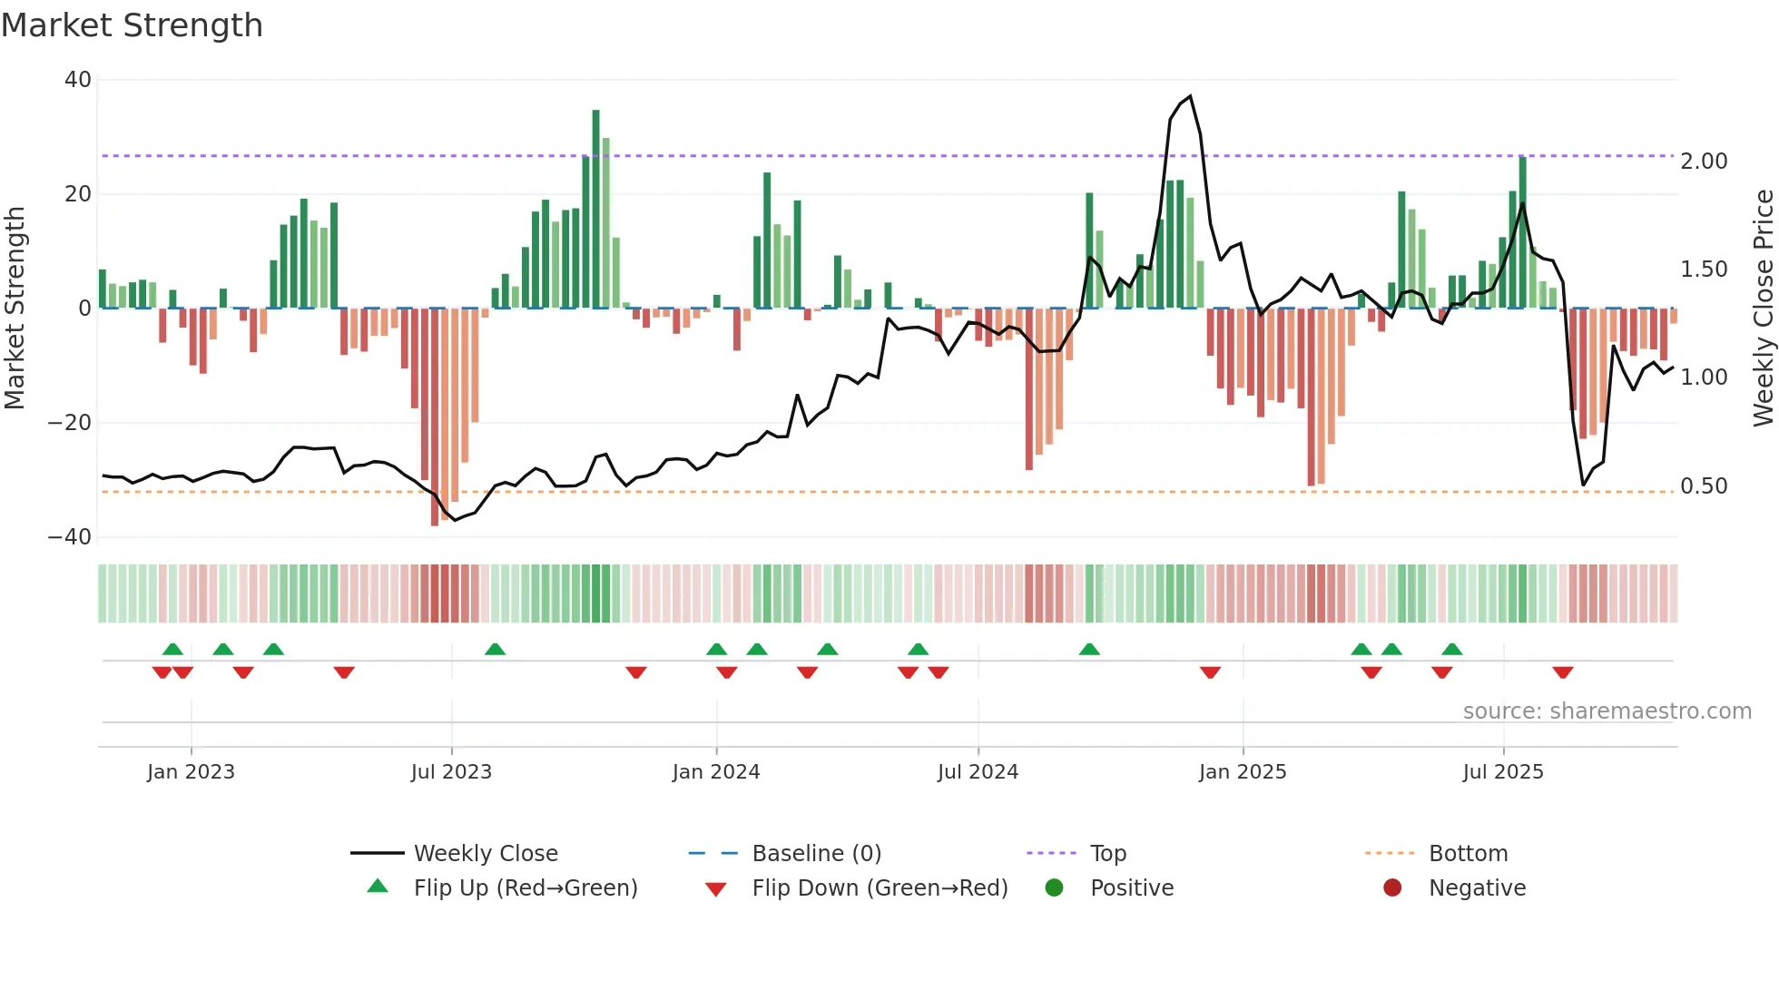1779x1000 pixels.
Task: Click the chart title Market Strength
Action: [x=132, y=25]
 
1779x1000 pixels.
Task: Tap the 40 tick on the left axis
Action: [x=78, y=80]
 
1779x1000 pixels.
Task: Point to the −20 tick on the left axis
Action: [x=70, y=423]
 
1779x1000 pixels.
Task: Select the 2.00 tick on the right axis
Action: [x=1704, y=162]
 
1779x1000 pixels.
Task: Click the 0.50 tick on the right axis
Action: [x=1704, y=486]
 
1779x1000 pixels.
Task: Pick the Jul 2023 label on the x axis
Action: [x=451, y=772]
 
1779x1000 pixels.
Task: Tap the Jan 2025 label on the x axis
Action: [x=1243, y=772]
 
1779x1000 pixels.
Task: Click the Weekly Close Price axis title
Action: [x=1763, y=309]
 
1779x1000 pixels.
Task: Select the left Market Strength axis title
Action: [x=15, y=309]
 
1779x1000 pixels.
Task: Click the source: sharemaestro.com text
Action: [x=1607, y=711]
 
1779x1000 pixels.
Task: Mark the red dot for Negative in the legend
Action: [x=1392, y=888]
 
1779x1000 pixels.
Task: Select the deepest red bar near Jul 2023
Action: [x=435, y=417]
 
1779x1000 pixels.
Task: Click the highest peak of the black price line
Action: [x=1190, y=96]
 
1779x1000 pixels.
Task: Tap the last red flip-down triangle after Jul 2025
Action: [x=1562, y=672]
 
